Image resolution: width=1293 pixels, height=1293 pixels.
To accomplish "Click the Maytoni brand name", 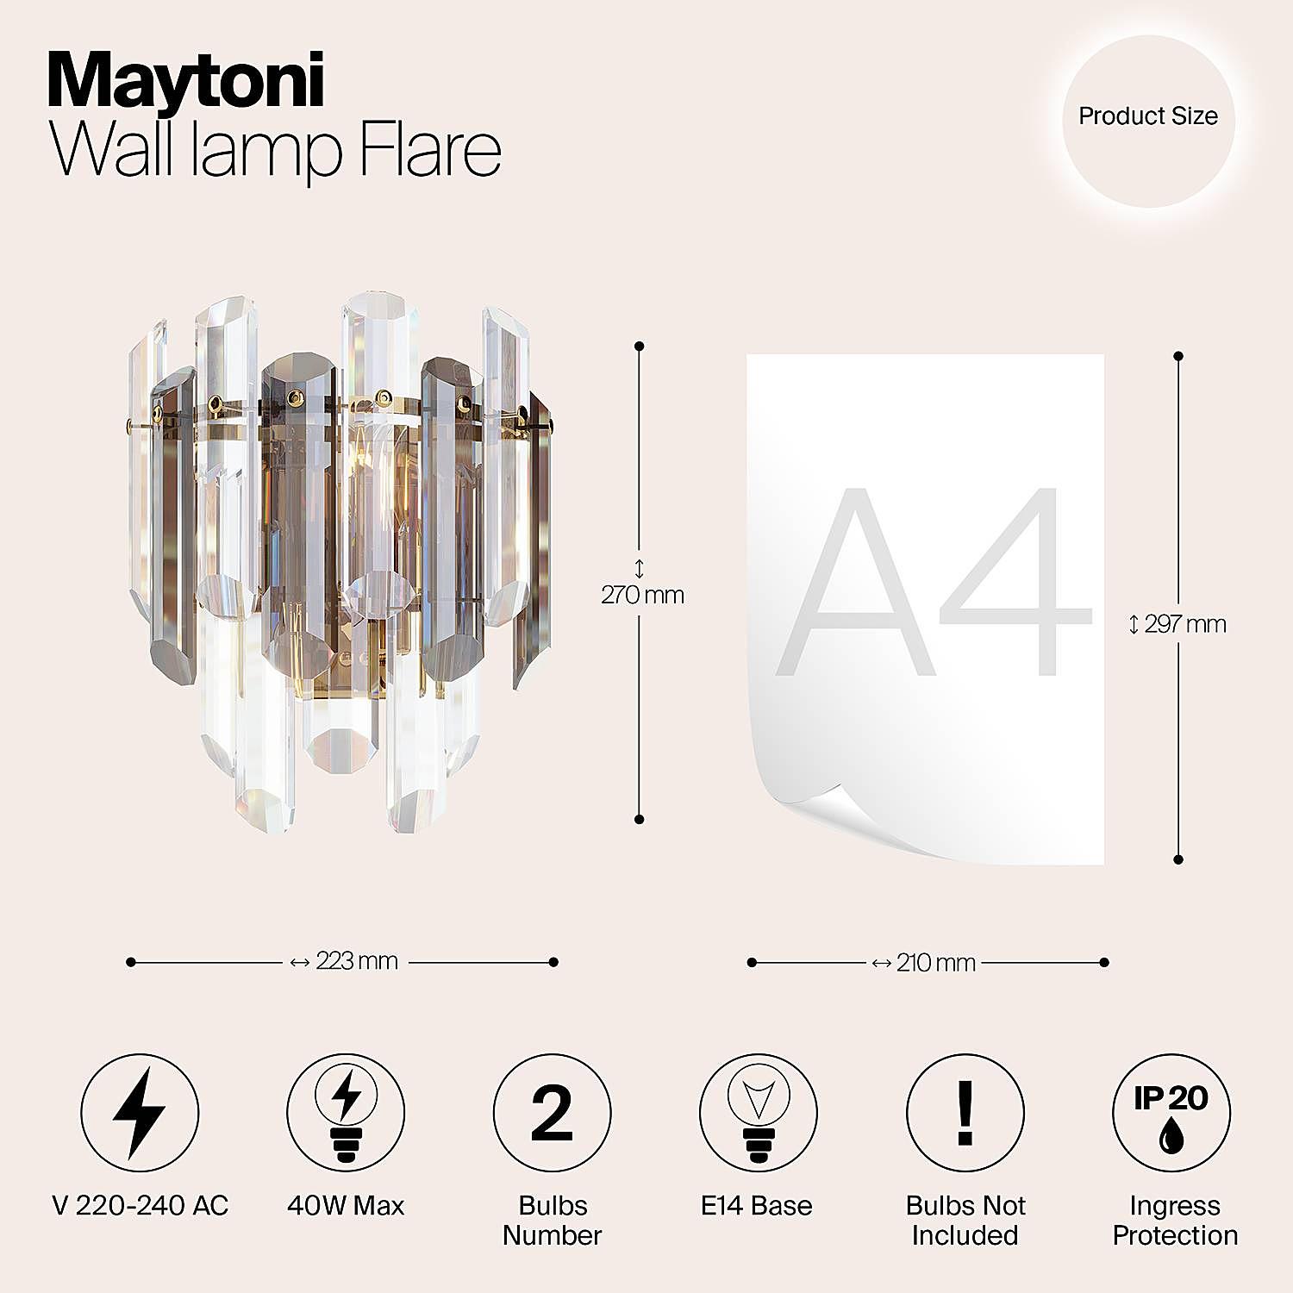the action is click(x=186, y=82).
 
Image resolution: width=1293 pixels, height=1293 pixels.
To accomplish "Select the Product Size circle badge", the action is click(x=1148, y=121).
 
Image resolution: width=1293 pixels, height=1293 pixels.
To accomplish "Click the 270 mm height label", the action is click(x=643, y=595).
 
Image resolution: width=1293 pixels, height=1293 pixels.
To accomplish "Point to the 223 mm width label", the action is click(x=357, y=960).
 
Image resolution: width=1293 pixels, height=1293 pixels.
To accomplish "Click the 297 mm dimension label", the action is click(x=1185, y=624).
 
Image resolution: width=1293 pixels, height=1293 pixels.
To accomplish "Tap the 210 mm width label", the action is click(x=936, y=962).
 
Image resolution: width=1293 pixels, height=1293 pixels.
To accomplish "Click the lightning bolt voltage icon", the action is click(x=140, y=1113).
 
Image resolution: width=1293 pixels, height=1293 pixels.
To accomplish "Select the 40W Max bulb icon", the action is click(x=346, y=1113).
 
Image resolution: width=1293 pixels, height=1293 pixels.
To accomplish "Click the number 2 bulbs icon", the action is click(x=553, y=1113).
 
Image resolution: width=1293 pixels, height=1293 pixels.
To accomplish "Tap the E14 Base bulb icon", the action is click(x=758, y=1113).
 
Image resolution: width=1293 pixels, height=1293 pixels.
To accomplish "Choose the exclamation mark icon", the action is click(x=965, y=1113).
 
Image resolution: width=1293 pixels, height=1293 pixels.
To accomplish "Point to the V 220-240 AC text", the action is click(x=141, y=1205).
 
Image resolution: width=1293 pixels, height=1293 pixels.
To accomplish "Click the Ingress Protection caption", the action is click(x=1175, y=1220).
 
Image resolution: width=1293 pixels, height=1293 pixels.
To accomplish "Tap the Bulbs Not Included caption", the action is click(x=965, y=1220).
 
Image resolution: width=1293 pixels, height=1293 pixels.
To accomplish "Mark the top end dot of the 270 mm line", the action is click(x=639, y=346).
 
